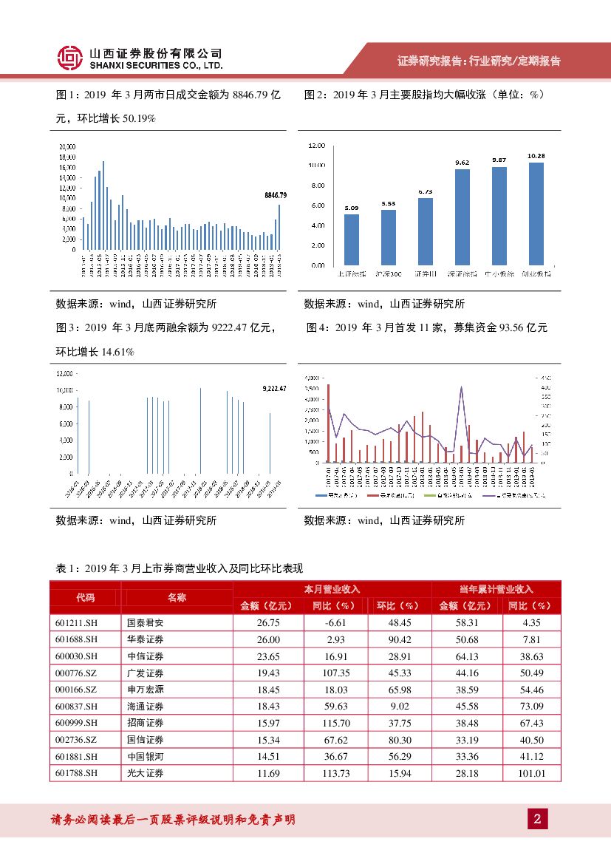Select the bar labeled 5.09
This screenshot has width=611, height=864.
coord(352,239)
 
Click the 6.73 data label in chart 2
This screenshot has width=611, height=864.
coord(425,191)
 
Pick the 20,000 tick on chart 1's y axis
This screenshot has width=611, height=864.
coord(67,146)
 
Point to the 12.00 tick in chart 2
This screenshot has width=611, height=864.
coord(318,146)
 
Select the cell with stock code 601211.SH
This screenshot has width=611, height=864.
coord(76,622)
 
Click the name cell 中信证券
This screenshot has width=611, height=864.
coord(146,656)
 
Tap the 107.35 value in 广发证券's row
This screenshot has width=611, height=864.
coord(336,673)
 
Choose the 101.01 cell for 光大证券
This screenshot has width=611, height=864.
coord(532,773)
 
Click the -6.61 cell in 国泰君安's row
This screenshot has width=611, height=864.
coord(336,622)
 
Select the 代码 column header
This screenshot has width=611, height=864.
coord(85,597)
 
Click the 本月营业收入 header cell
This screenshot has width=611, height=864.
coord(332,589)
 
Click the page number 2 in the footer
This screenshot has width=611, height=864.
coord(537,819)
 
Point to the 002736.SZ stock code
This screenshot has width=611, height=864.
coord(76,740)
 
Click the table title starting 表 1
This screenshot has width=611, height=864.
coord(180,568)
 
